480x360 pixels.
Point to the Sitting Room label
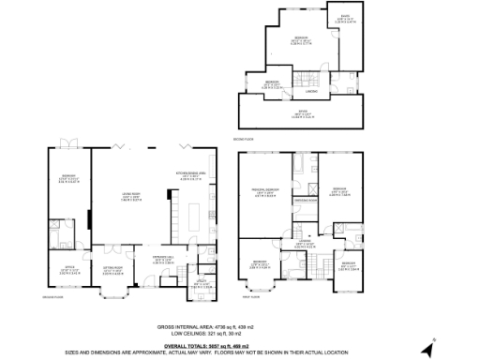[x=113, y=271]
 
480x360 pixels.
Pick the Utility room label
[x=201, y=283]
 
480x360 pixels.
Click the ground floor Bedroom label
[x=68, y=177]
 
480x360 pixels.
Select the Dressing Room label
[x=305, y=202]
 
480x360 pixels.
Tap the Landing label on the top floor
[x=310, y=92]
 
